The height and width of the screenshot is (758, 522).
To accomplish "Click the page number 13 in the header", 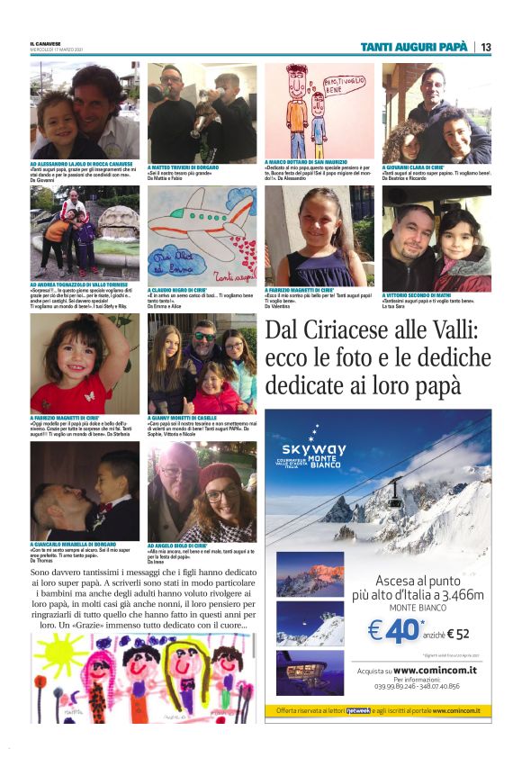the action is pos(485,47).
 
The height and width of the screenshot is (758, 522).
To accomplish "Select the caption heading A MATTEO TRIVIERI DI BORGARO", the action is pos(184,167).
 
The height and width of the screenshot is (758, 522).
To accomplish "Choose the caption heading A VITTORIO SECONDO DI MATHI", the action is pos(420,294).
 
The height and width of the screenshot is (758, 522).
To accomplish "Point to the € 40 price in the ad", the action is pos(393,630).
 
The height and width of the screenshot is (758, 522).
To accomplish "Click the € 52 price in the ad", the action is pos(455,633).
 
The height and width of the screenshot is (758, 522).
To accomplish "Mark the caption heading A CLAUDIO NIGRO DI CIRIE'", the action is pos(177,291).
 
